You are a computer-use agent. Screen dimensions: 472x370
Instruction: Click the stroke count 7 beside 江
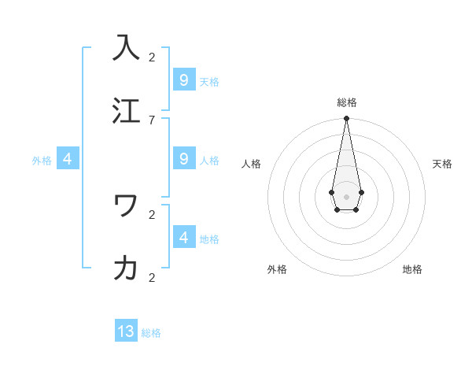coord(152,120)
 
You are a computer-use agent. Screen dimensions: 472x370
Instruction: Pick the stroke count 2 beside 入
coord(152,57)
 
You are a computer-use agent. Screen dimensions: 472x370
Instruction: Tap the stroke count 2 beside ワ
coord(152,214)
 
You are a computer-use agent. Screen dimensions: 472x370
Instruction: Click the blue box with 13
coord(126,331)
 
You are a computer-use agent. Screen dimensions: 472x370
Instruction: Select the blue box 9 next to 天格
coord(183,80)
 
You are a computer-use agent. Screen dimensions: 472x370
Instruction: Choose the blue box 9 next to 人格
coord(183,159)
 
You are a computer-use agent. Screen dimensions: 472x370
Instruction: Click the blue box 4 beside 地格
coord(183,237)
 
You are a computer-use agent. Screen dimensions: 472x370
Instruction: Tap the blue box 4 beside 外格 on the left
coord(68,159)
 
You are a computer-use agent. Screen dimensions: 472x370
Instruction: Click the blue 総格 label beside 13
coord(151,333)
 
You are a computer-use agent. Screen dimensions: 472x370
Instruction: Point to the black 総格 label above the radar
coord(346,102)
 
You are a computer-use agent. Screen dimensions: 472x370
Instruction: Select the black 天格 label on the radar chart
coord(442,164)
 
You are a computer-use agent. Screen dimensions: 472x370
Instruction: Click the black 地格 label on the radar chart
coord(412,269)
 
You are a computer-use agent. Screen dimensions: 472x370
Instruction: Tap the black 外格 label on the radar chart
coord(277,269)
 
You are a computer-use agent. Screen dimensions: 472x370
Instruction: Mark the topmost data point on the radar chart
coord(346,119)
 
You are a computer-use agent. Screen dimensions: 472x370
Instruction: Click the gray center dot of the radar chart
coord(346,196)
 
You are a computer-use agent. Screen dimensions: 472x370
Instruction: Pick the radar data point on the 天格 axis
coord(361,192)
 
